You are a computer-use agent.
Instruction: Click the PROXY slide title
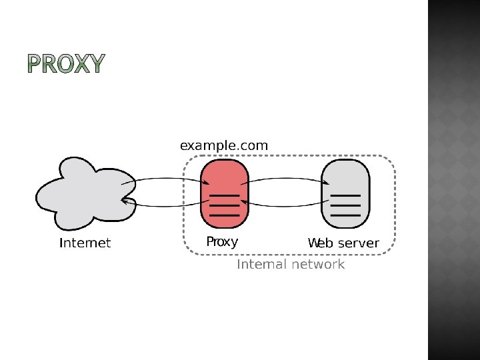[x=66, y=63]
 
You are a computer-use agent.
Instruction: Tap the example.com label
[x=224, y=145]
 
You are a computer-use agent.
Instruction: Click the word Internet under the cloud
[x=85, y=243]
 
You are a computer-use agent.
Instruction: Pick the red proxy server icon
[x=224, y=193]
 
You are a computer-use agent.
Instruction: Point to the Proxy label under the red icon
[x=222, y=241]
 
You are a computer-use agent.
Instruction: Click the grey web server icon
[x=345, y=193]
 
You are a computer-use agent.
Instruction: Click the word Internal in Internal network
[x=261, y=265]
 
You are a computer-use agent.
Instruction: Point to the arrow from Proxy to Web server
[x=287, y=179]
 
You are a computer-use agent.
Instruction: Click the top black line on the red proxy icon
[x=225, y=195]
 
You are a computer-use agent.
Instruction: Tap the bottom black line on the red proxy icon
[x=225, y=215]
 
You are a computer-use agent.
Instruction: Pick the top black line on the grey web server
[x=345, y=195]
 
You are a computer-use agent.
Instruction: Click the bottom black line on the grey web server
[x=345, y=215]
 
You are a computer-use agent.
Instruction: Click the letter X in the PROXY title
[x=81, y=63]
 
